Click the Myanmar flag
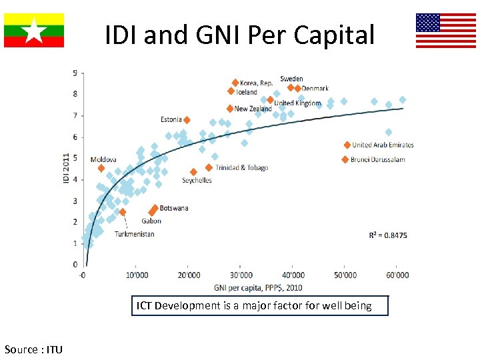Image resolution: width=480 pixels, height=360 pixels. [34, 30]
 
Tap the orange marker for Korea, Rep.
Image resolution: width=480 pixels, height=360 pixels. [235, 83]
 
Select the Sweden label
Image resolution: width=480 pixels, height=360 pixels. [291, 79]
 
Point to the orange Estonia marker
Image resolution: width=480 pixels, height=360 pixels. [187, 120]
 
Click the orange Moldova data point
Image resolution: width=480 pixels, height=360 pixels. [101, 169]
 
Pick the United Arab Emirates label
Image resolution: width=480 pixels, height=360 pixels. [383, 145]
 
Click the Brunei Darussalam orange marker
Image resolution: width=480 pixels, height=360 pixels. [345, 159]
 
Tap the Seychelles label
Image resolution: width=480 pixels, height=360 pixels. [197, 181]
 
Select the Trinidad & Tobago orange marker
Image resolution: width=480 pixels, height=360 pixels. [209, 167]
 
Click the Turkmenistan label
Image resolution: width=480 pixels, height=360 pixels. [134, 234]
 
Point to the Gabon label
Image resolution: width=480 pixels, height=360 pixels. [151, 221]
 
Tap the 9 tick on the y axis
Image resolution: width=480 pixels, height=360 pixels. [75, 72]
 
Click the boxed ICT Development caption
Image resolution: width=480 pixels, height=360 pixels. [259, 306]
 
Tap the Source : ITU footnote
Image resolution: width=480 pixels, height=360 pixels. [33, 349]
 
